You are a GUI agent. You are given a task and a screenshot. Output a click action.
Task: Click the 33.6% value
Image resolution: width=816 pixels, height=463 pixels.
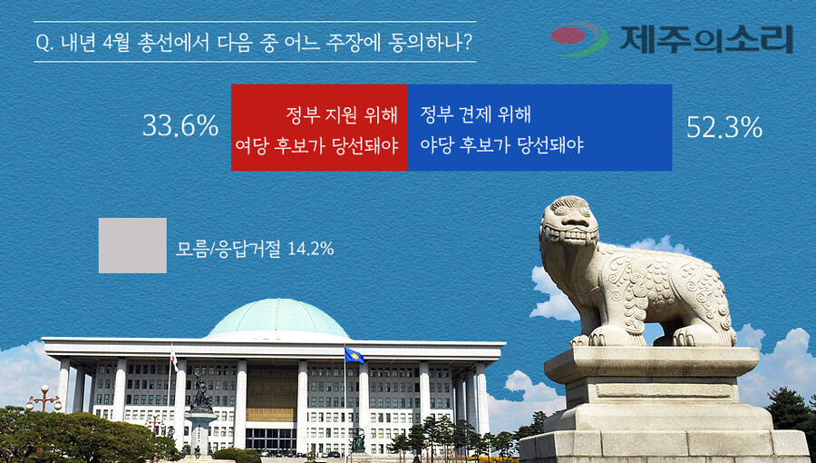pos(180,127)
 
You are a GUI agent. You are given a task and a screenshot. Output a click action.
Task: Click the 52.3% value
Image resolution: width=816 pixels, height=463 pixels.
pos(724,128)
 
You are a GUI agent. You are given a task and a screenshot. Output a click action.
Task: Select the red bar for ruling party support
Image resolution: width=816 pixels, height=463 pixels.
pos(319,127)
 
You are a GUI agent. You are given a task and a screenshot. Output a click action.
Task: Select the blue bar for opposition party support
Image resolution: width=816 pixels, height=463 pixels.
pos(539,127)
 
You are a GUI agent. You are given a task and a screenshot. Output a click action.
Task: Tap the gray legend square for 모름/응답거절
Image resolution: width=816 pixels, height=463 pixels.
pos(132,245)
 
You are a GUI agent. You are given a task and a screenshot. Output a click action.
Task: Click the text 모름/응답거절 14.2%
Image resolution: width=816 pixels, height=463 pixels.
pos(254,248)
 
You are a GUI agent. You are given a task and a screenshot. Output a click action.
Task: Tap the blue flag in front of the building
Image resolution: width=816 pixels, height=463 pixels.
pos(354,355)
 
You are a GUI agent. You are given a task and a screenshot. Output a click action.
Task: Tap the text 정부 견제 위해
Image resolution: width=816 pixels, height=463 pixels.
pos(475,114)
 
